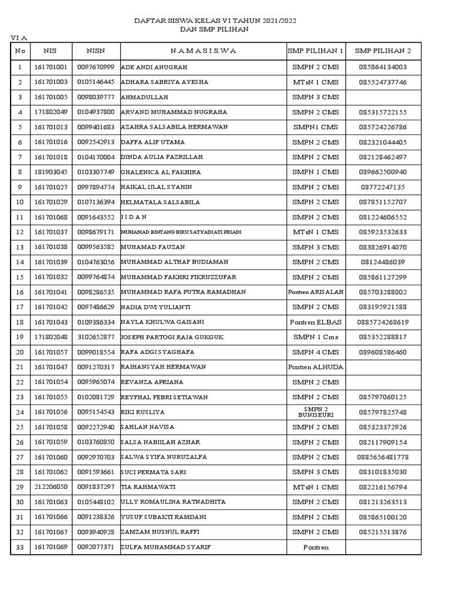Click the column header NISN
point(96,50)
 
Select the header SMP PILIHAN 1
point(315,50)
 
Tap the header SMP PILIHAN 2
point(383,50)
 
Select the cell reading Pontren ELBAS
point(315,322)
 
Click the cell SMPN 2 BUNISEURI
point(315,412)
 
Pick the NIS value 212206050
point(51,487)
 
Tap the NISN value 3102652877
point(96,337)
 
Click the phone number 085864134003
point(383,67)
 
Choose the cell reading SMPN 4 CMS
point(315,352)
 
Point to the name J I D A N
point(134,217)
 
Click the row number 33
point(20,547)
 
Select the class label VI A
point(20,38)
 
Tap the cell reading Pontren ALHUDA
point(315,367)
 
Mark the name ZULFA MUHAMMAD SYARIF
point(166,547)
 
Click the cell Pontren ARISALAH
point(315,292)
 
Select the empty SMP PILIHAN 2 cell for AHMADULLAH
point(383,97)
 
